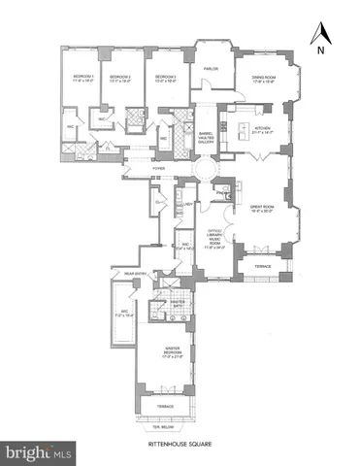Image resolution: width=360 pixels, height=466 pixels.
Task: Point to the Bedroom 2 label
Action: (121, 78)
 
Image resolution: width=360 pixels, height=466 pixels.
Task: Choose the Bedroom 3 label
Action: (168, 78)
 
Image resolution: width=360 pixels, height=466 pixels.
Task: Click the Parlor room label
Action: (211, 68)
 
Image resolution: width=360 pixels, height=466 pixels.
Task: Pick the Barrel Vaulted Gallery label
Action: (206, 137)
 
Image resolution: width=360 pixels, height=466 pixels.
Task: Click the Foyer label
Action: (157, 168)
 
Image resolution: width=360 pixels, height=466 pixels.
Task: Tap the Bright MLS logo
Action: (39, 452)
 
